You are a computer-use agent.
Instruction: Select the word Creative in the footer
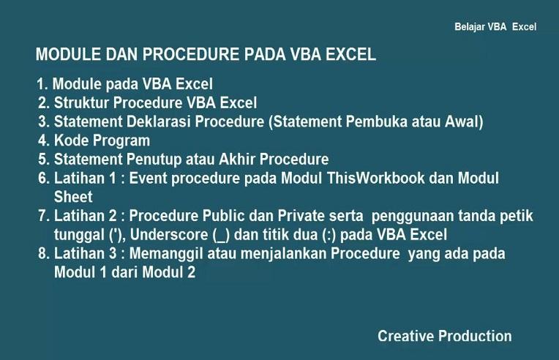(405, 337)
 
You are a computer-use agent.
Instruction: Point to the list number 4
(43, 140)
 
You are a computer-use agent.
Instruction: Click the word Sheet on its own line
(73, 197)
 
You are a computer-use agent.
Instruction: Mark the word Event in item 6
(148, 179)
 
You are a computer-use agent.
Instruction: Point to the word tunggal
(80, 235)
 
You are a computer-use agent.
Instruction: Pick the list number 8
(43, 255)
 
